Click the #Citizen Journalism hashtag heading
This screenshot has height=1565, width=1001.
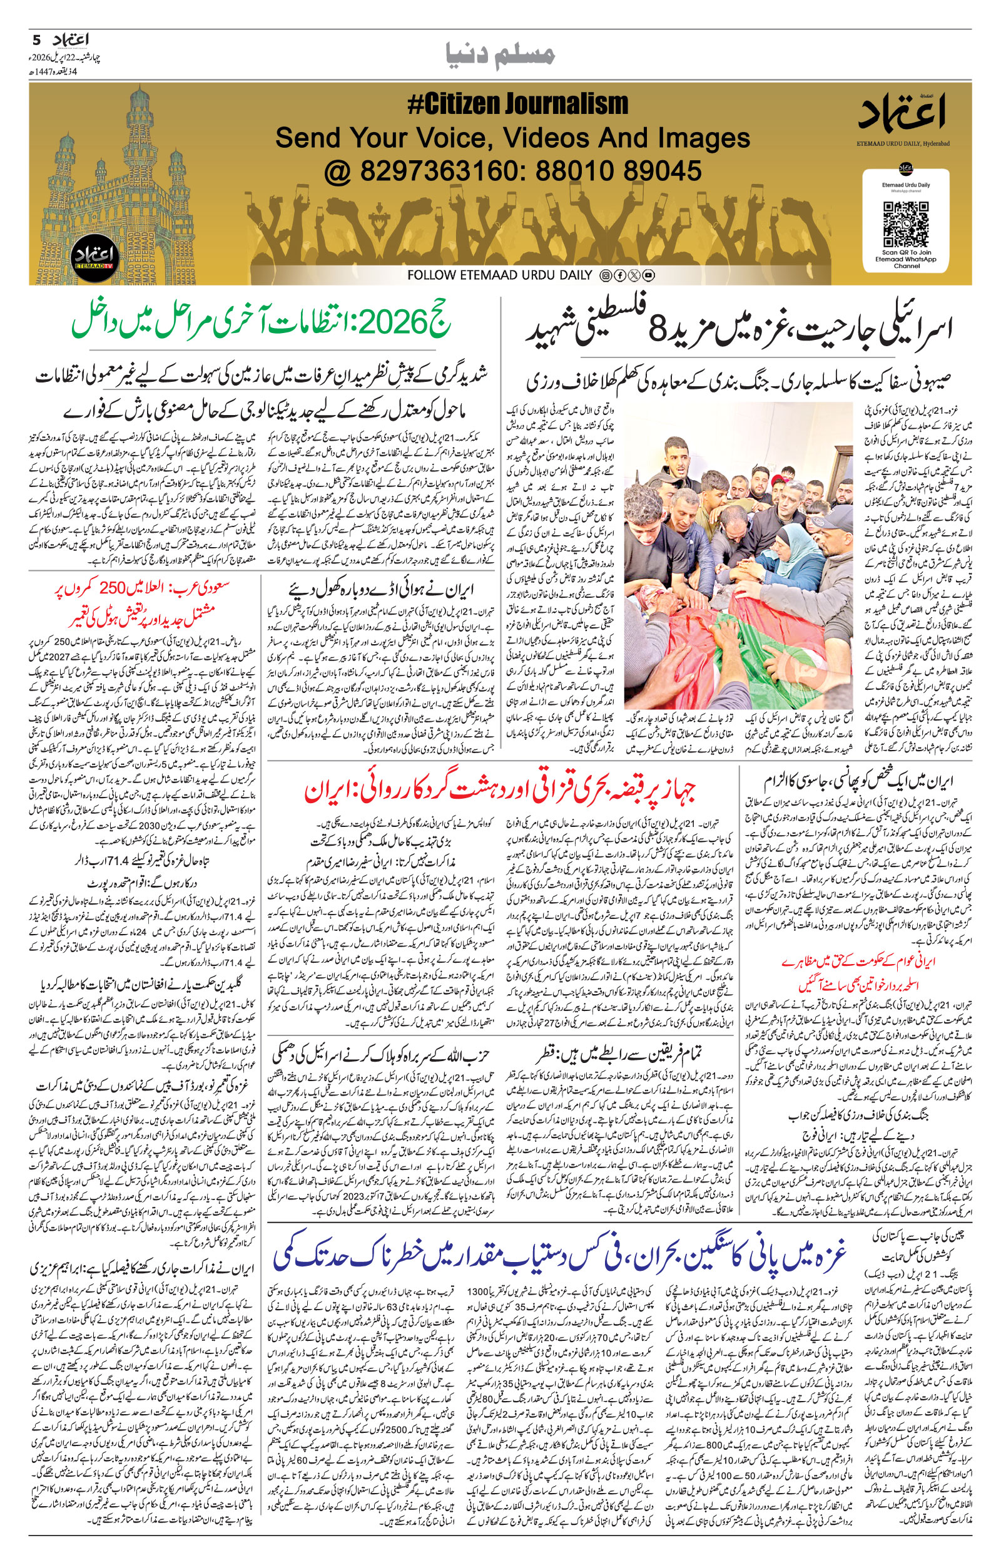coord(517,104)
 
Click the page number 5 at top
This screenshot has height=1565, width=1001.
coord(36,40)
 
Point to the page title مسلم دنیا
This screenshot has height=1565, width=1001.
coord(500,54)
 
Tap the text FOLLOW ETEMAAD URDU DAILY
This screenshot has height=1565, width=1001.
coord(500,275)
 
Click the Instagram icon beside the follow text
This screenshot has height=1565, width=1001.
coord(605,275)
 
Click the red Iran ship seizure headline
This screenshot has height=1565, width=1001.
coord(500,791)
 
